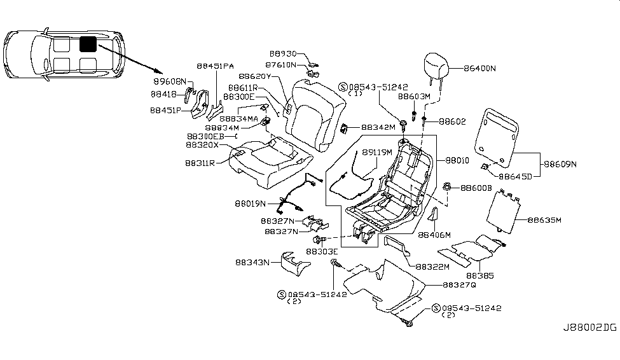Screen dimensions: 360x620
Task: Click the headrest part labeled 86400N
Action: click(x=437, y=67)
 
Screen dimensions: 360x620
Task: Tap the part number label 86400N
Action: click(x=479, y=67)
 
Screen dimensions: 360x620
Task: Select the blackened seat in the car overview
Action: click(x=88, y=44)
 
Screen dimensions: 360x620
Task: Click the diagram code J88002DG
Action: click(x=589, y=328)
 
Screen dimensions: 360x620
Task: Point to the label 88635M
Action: click(x=544, y=221)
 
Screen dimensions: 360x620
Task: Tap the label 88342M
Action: click(x=379, y=127)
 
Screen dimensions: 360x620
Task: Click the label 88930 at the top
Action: click(x=284, y=55)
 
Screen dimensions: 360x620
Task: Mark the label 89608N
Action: click(x=170, y=82)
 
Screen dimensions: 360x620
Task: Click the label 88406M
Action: click(x=434, y=235)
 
